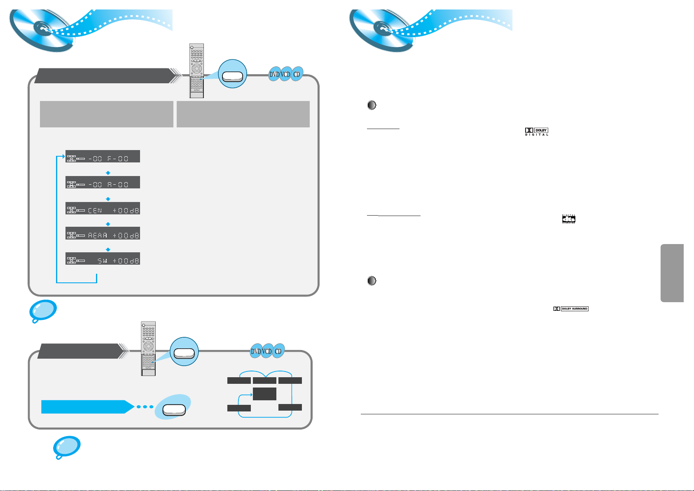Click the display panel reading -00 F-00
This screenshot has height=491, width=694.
pos(103,156)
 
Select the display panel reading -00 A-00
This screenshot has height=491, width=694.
pos(103,182)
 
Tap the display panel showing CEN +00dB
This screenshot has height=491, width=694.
pos(103,208)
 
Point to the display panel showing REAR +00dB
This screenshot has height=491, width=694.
pos(103,233)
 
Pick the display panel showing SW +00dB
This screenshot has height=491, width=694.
pos(103,258)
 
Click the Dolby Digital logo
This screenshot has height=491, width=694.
pos(537,132)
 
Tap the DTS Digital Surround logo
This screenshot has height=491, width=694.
pos(569,219)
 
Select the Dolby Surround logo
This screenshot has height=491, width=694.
pos(571,309)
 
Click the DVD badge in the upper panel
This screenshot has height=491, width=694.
pos(274,75)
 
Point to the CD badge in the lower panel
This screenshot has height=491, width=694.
pos(278,351)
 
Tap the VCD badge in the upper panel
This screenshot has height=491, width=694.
pos(286,75)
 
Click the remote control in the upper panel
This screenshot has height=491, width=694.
pos(196,70)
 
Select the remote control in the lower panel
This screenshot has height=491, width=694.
pos(148,348)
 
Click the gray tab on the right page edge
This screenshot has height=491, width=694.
pos(672,273)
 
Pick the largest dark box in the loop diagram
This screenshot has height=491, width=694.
pos(264,394)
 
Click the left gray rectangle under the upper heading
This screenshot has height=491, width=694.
pos(106,114)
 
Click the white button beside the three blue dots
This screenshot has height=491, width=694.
pos(174,409)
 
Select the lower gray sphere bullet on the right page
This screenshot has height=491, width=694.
pos(372,281)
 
